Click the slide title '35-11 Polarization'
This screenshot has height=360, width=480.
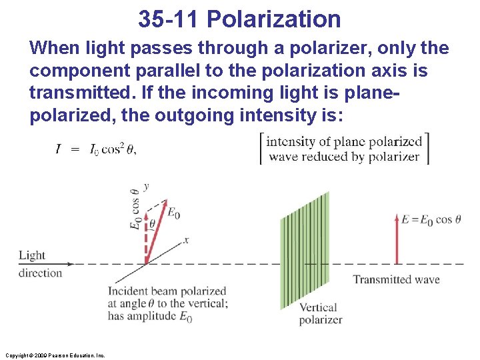click(239, 19)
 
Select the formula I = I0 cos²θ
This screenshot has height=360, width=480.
click(95, 149)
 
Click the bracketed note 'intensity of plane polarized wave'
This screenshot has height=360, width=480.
click(344, 149)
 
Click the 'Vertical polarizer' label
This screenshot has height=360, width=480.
click(320, 313)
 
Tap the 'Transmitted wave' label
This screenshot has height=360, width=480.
click(396, 279)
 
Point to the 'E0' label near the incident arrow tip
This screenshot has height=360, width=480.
click(173, 213)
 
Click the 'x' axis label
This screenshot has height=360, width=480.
click(186, 240)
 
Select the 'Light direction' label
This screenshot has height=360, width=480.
click(40, 263)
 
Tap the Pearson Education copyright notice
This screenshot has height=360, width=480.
click(54, 355)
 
